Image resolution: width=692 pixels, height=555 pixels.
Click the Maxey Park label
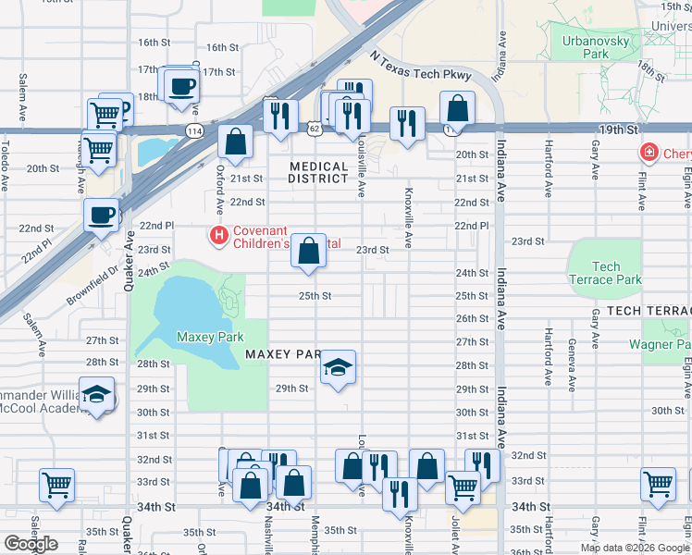210,338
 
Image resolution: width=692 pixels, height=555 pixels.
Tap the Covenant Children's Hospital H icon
219,237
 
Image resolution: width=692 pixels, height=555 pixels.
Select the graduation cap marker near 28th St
339,369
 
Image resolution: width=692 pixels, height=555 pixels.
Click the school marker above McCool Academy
96,395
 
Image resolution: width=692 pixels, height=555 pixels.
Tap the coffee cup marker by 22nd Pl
101,216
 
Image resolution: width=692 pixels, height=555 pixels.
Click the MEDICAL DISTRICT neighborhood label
318,173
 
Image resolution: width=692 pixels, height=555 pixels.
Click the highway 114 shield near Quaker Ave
194,132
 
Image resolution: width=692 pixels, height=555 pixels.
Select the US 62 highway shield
316,130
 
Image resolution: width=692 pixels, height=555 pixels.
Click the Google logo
31,544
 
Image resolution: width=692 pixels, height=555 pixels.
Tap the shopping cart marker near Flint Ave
658,484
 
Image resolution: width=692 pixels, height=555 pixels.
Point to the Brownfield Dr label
93,287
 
